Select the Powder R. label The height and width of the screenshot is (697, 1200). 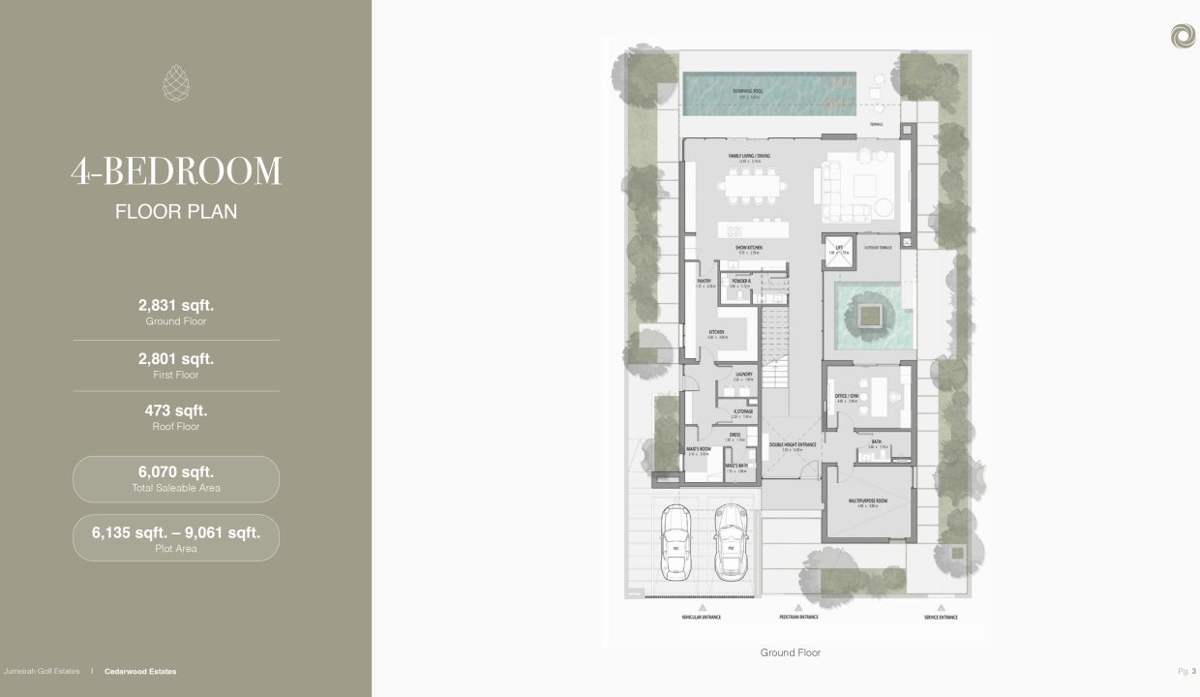point(742,281)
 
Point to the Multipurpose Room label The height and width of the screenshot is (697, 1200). point(866,500)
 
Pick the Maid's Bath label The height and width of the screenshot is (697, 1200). point(736,467)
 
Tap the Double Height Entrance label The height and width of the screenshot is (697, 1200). point(793,445)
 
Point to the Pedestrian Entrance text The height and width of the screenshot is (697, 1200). point(798,617)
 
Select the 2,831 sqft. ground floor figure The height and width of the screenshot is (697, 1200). point(176,305)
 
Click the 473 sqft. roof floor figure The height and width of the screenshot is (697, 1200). point(176,410)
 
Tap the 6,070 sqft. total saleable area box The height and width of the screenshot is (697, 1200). point(176,479)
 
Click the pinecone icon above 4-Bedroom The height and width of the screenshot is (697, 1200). point(176,82)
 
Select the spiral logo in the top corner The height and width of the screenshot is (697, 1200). point(1182,36)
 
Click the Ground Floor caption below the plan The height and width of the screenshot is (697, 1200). point(790,653)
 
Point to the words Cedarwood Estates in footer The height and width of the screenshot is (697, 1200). point(139,671)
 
